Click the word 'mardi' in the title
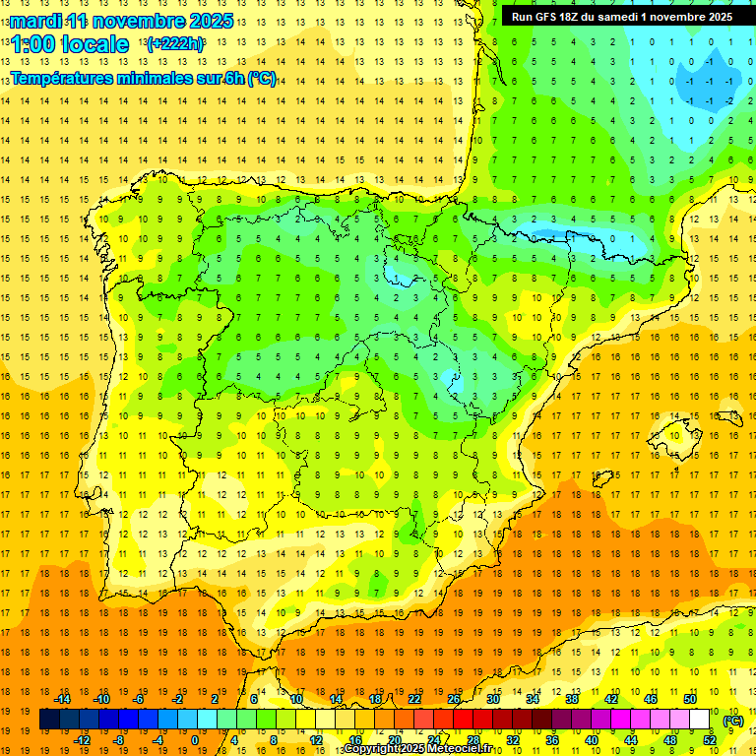point(36,21)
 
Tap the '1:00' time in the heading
point(32,45)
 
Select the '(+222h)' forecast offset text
point(174,44)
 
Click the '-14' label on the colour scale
point(62,699)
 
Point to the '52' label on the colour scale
point(710,740)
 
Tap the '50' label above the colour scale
point(690,699)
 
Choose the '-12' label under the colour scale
point(82,740)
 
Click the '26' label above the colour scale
point(454,699)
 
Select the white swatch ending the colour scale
point(700,720)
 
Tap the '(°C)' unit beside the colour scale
point(732,721)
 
